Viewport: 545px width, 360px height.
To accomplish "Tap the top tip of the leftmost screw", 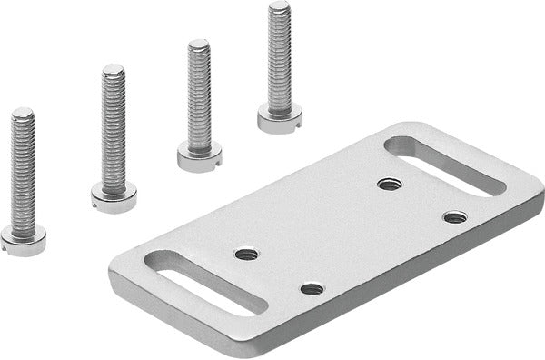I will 23,113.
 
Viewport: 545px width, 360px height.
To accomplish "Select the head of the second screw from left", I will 114,195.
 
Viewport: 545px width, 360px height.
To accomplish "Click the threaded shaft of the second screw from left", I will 114,127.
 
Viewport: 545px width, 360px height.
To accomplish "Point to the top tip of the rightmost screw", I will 279,6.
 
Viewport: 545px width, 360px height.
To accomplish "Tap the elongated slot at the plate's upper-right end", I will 442,166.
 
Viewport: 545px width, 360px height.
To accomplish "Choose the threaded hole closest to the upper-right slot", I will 390,184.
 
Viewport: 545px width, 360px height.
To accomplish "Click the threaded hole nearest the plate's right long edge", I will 454,216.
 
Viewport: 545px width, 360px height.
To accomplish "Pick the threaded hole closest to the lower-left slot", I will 246,254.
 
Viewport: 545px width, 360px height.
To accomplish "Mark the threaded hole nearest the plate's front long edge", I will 312,288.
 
